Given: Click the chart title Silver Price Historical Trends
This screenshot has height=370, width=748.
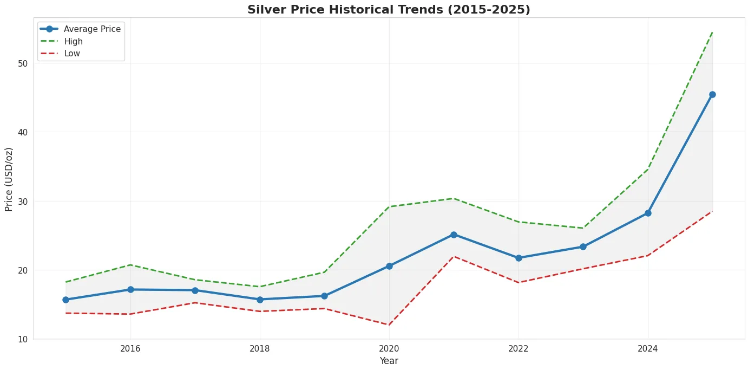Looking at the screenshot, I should click(x=389, y=9).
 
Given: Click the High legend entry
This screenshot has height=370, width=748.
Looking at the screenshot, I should click(x=73, y=42).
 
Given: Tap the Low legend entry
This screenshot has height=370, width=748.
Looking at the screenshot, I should click(x=72, y=54).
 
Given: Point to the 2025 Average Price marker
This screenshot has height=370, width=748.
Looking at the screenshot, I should click(x=712, y=95).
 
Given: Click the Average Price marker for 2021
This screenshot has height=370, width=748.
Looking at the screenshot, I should click(x=454, y=235).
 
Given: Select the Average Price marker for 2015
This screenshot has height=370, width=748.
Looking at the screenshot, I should click(x=66, y=300).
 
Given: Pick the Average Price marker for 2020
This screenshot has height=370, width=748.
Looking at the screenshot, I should click(x=389, y=266).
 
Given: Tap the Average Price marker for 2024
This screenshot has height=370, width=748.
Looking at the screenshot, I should click(x=648, y=213).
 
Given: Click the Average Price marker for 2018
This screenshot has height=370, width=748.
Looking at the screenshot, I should click(x=260, y=300).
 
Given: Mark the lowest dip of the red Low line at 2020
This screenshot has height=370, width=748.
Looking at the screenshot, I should click(x=389, y=325).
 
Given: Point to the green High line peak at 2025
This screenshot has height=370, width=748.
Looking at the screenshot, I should click(x=712, y=32).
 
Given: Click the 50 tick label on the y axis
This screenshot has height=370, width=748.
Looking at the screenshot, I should click(x=22, y=63).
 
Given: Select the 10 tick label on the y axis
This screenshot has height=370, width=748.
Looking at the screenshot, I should click(x=22, y=339).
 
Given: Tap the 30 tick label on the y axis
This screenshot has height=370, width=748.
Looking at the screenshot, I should click(x=22, y=202).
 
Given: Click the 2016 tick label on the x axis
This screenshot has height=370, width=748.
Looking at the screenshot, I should click(x=130, y=348).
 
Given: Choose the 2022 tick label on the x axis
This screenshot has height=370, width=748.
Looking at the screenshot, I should click(x=519, y=348).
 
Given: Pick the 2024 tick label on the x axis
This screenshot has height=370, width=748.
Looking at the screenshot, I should click(x=648, y=348).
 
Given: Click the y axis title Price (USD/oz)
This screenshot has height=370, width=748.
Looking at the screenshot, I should click(x=9, y=179).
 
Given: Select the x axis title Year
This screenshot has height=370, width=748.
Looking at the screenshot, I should click(x=389, y=361).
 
